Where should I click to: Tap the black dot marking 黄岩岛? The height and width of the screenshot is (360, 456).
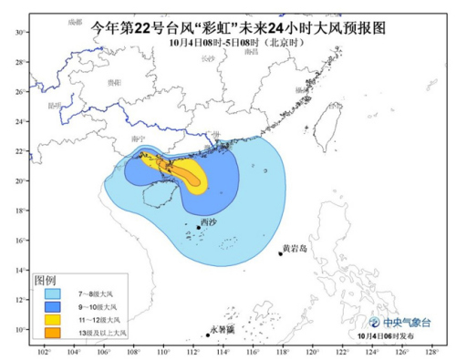click(280, 254)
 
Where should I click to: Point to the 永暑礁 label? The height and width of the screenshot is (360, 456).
click(222, 329)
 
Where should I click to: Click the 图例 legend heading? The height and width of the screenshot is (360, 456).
click(45, 280)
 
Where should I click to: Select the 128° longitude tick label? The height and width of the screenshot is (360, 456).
click(430, 351)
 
